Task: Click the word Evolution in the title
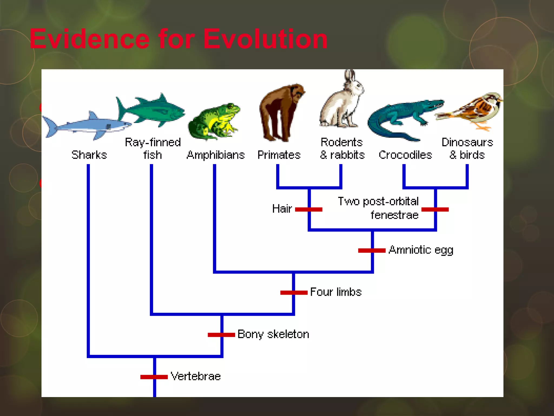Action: click(265, 39)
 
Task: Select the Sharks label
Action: click(89, 155)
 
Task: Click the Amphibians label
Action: click(216, 155)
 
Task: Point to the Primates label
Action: click(279, 155)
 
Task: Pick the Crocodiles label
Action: click(405, 155)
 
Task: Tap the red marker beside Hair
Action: click(309, 209)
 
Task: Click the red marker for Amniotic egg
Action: click(372, 251)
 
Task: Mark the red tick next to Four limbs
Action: click(294, 292)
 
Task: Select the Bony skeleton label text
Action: click(273, 334)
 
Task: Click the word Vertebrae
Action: click(196, 376)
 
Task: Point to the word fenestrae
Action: click(394, 215)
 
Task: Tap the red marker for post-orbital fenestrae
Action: click(435, 209)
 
